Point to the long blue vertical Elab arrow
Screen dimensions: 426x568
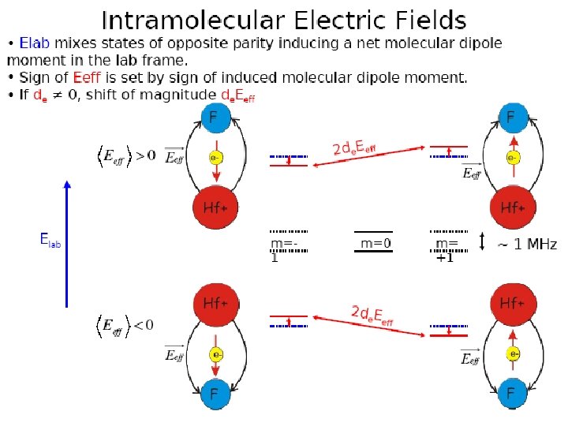point(67,245)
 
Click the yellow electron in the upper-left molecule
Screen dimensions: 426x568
point(214,158)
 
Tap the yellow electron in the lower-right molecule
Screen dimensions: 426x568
point(514,354)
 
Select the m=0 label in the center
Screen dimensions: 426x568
point(376,244)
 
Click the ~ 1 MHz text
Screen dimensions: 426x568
point(526,245)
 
